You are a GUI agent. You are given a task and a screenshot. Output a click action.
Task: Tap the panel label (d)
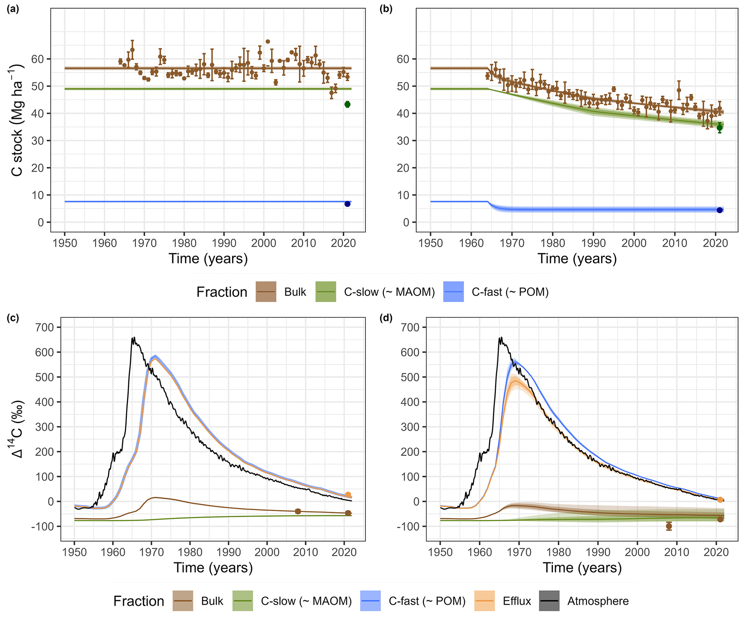[x=386, y=318]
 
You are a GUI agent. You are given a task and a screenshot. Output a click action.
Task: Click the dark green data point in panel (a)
[x=347, y=104]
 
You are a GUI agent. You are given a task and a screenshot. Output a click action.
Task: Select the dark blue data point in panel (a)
[x=347, y=204]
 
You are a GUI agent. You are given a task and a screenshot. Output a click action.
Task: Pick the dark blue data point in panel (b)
[x=719, y=210]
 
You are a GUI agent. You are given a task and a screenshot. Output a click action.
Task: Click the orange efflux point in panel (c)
[x=348, y=495]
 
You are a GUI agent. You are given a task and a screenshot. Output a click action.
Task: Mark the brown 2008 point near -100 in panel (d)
[x=669, y=526]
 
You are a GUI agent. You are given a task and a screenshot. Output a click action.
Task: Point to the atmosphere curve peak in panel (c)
[x=134, y=338]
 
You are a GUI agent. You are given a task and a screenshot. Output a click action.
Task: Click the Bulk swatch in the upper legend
[x=266, y=292]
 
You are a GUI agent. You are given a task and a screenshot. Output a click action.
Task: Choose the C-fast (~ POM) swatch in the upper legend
[x=453, y=292]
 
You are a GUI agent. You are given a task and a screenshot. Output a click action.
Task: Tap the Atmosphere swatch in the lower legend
[x=549, y=601]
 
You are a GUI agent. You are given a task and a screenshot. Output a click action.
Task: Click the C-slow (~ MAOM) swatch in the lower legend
[x=243, y=601]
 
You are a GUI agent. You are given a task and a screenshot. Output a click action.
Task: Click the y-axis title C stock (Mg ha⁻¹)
[x=17, y=120]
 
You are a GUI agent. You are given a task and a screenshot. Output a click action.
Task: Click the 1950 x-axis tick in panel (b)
[x=430, y=243]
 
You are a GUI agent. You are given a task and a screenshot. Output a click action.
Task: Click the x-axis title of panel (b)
[x=577, y=259]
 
